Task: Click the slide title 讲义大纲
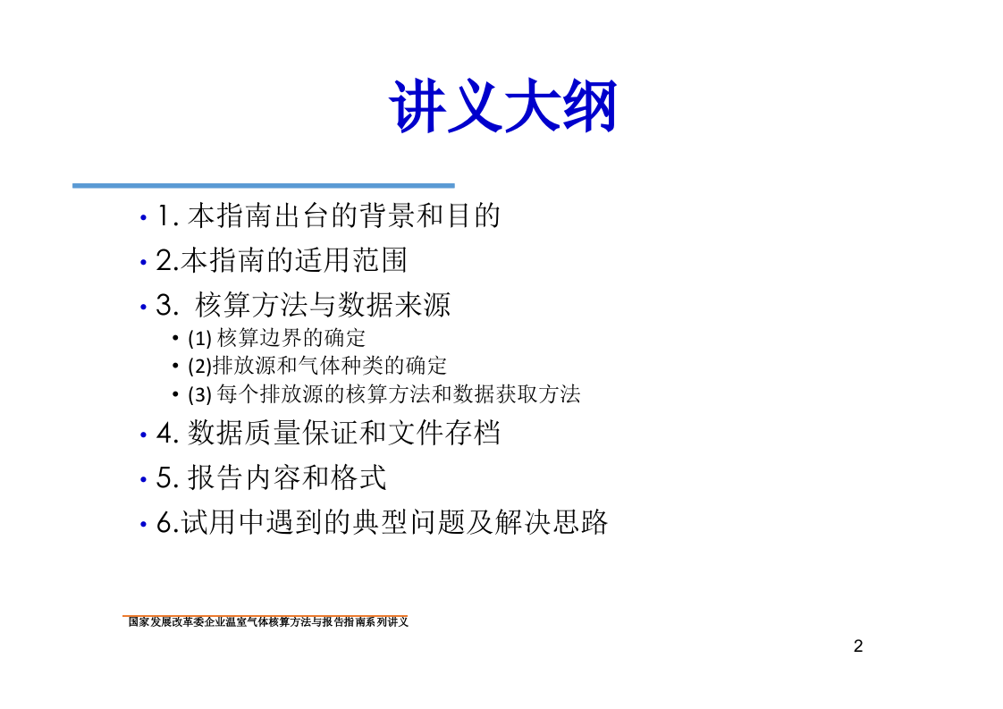pos(502,107)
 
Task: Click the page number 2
pos(858,646)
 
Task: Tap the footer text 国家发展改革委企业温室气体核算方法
pos(268,622)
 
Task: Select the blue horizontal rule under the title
pos(263,186)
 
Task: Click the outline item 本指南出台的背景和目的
pos(344,215)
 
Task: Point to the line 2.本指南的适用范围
pos(282,260)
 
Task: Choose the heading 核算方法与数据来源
pos(323,305)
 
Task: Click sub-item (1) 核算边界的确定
pos(276,338)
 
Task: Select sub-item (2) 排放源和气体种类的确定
pos(316,366)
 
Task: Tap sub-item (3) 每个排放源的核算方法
pos(383,393)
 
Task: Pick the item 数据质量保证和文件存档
pos(344,433)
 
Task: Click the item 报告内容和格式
pos(287,477)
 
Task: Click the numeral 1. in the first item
pos(168,216)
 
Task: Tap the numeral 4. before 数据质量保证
pos(168,434)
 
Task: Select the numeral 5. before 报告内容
pos(168,478)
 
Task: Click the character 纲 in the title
pos(588,107)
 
